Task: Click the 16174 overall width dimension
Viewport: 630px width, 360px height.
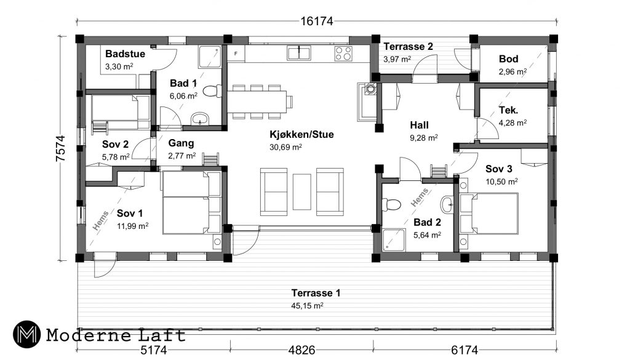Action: [x=317, y=22]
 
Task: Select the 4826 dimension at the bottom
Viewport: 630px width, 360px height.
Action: [x=301, y=350]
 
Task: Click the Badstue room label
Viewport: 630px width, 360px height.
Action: [x=125, y=54]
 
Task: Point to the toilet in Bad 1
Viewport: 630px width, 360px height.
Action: [x=212, y=91]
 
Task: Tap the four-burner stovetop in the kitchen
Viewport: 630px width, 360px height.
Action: [x=343, y=54]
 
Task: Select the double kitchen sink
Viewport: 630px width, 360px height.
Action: [x=298, y=53]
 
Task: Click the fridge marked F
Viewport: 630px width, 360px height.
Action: [x=236, y=54]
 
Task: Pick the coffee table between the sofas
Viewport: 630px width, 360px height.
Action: [x=301, y=191]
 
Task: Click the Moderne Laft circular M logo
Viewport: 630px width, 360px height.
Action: [x=26, y=334]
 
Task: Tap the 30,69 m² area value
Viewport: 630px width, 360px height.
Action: [x=285, y=147]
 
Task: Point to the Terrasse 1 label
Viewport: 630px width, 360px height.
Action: [x=316, y=293]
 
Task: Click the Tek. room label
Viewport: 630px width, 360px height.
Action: [x=508, y=110]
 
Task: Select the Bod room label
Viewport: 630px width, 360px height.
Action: [x=508, y=59]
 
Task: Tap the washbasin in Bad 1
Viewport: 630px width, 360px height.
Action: [x=200, y=119]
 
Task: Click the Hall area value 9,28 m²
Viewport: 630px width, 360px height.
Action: [x=423, y=138]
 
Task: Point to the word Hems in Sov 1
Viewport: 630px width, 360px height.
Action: [x=100, y=220]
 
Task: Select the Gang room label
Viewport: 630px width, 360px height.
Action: [x=181, y=143]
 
